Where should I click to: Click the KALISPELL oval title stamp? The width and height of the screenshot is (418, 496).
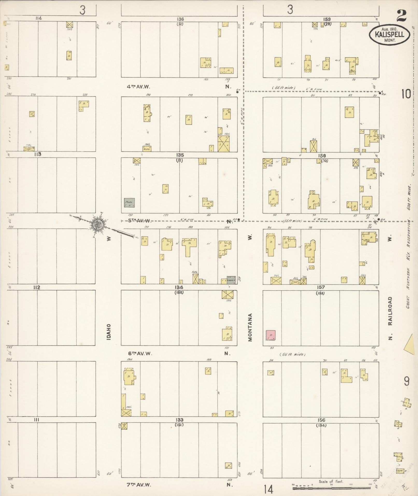click(x=389, y=34)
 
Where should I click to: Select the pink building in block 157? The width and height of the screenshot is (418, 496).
click(x=271, y=335)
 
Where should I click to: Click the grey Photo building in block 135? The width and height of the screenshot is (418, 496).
click(x=129, y=202)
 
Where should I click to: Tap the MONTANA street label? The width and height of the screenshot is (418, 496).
click(x=250, y=327)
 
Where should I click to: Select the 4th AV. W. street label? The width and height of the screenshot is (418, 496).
click(x=138, y=87)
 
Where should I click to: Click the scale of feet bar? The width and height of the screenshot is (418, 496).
click(x=331, y=488)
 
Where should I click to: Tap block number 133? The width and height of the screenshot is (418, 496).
click(x=179, y=420)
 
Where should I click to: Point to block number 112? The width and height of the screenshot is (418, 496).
click(x=37, y=287)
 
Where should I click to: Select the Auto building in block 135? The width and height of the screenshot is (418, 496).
click(x=147, y=149)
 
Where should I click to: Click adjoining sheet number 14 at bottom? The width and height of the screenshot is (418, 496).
click(x=269, y=489)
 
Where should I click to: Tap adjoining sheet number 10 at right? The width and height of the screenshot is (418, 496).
click(x=406, y=94)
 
